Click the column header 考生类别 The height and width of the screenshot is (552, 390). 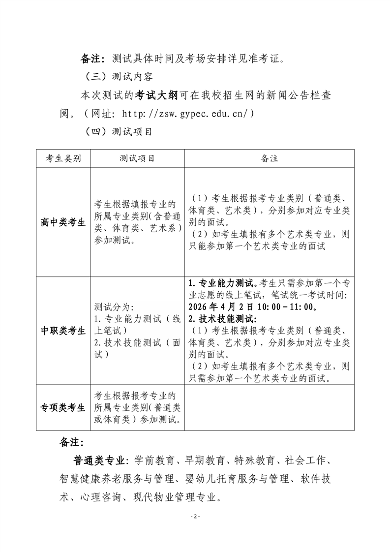click(63, 158)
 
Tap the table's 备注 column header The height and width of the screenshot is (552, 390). click(269, 158)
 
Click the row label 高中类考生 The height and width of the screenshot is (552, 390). click(63, 222)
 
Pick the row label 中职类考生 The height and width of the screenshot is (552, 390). click(63, 330)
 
